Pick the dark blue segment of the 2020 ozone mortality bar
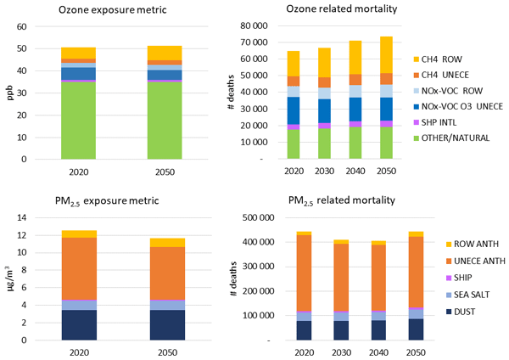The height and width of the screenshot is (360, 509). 294,110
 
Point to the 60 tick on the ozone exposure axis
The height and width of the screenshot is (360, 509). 23,26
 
